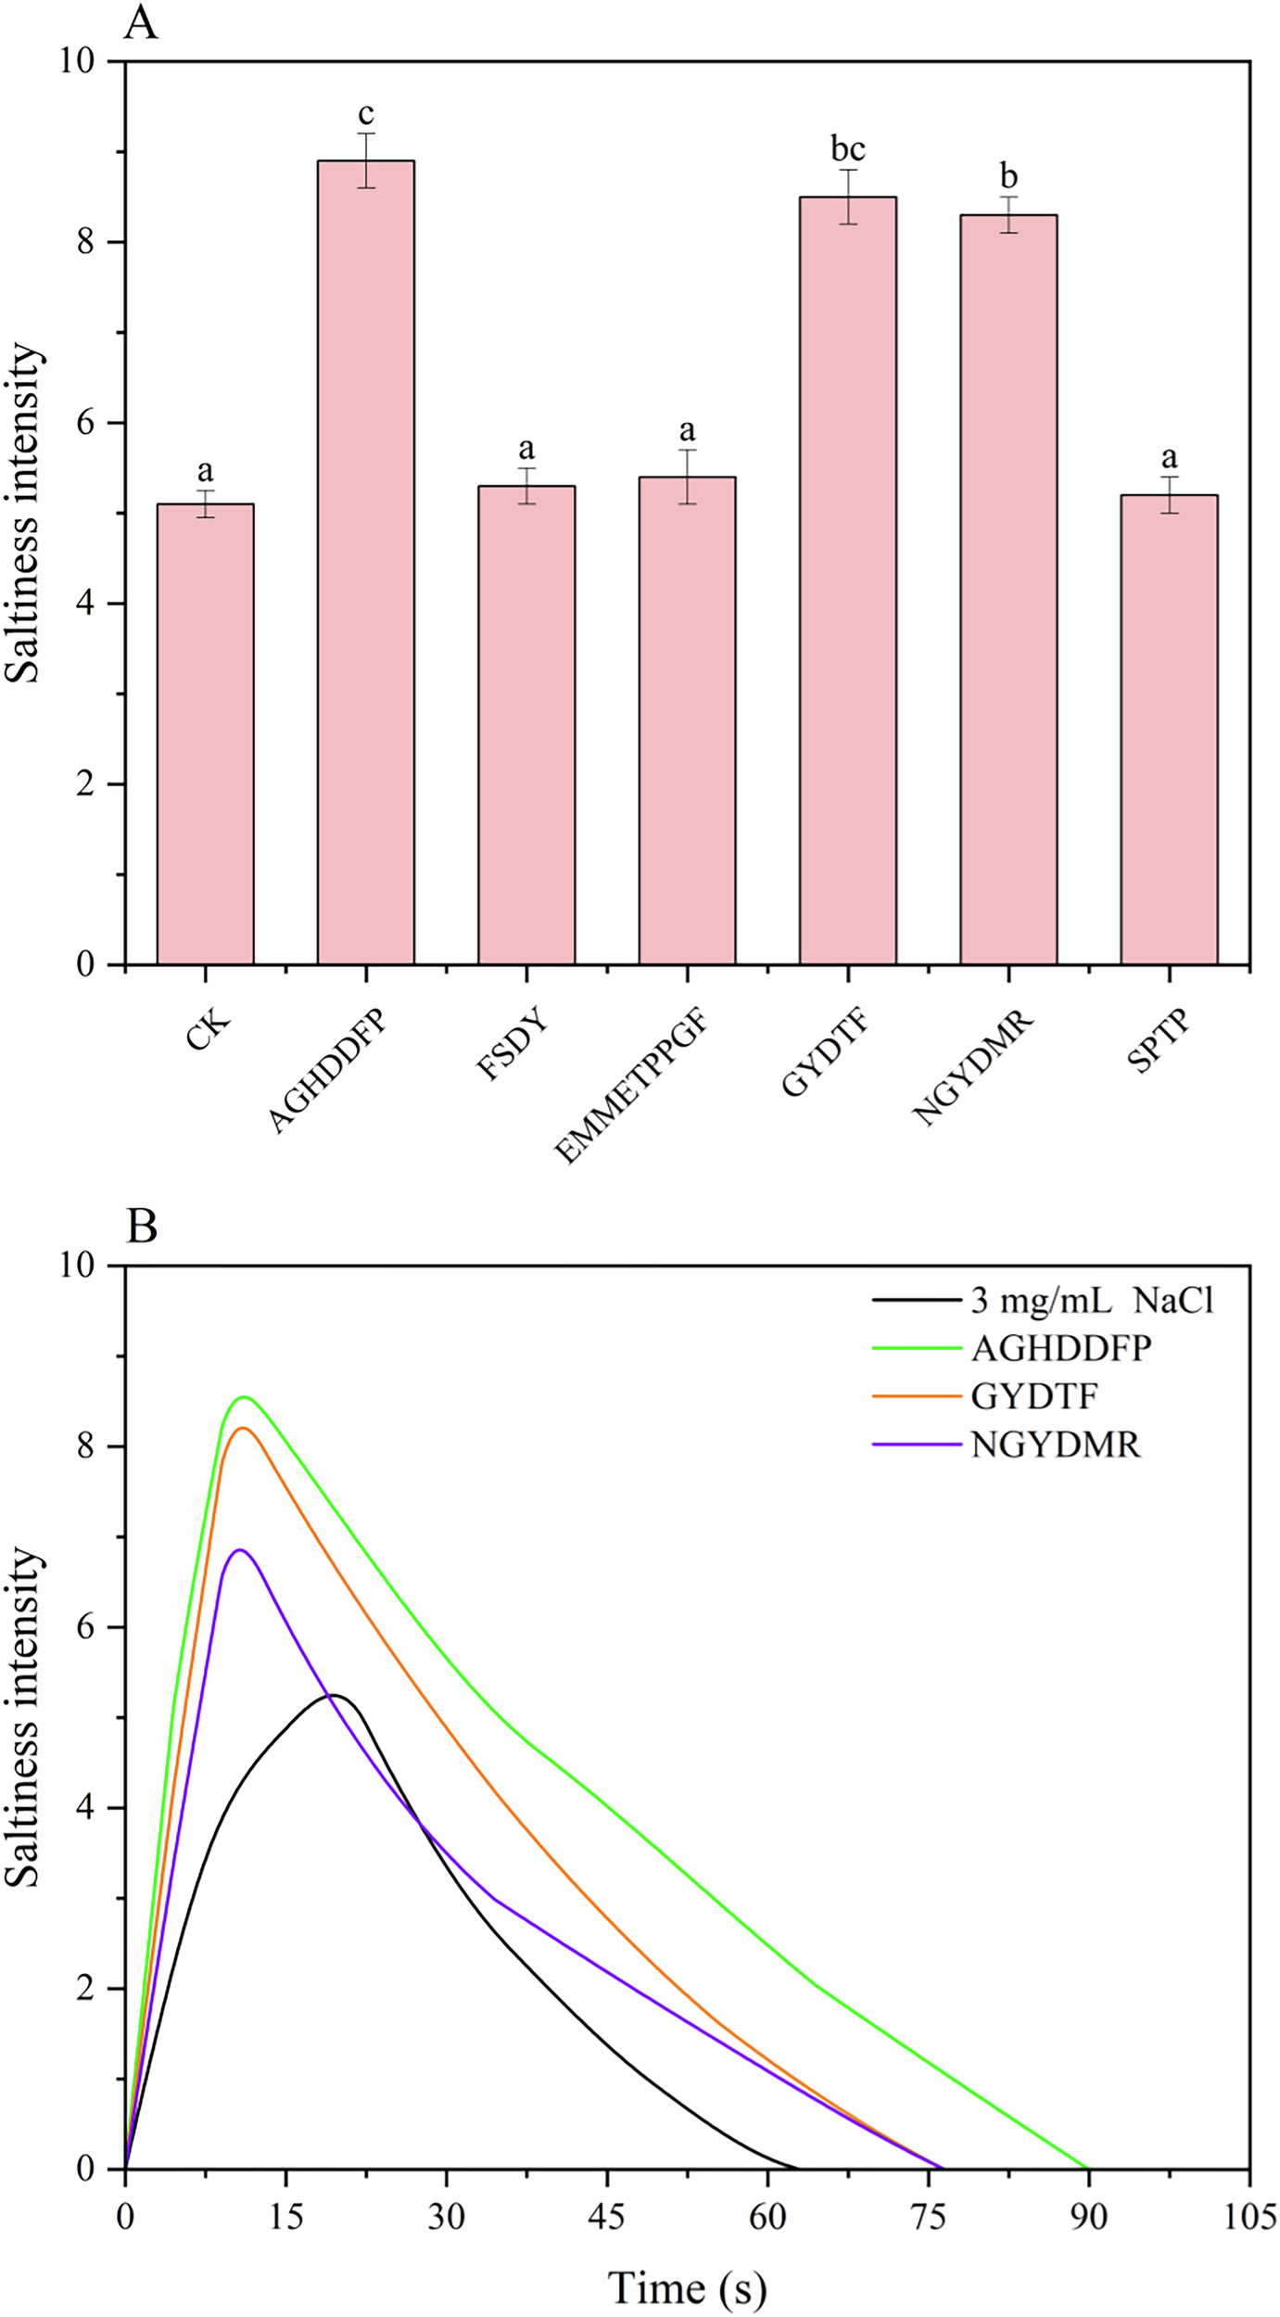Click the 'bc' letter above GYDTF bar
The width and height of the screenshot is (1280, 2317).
847,149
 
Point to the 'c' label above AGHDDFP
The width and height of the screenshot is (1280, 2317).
366,114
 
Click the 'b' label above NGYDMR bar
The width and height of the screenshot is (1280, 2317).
1008,176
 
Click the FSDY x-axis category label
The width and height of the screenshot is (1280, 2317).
512,1047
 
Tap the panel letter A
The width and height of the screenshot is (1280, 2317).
141,23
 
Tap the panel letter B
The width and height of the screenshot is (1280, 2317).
141,1226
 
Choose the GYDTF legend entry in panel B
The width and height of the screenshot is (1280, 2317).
1033,1396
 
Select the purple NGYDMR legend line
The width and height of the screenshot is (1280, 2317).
916,1445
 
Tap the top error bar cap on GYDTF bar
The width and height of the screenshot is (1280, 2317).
847,170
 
